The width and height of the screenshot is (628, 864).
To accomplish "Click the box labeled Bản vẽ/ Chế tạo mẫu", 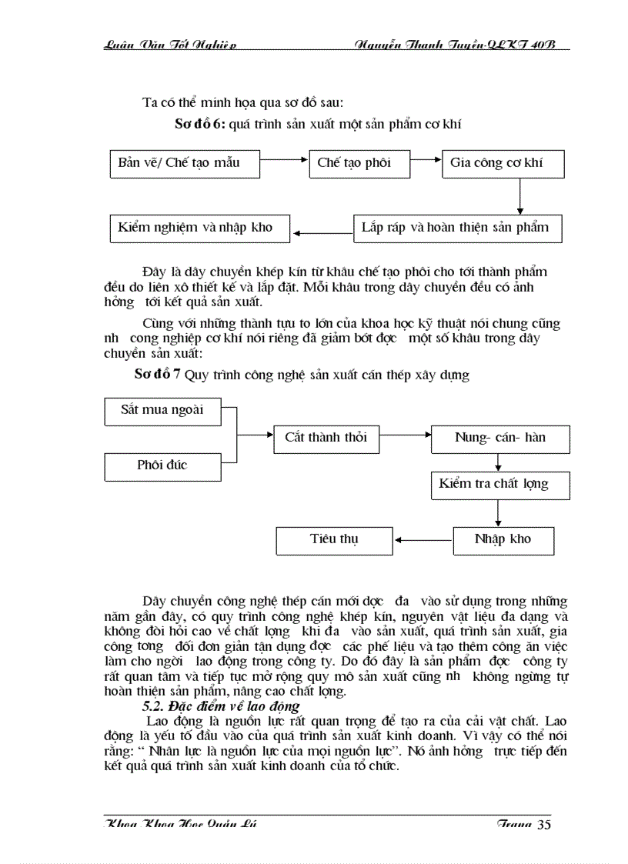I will tap(185, 163).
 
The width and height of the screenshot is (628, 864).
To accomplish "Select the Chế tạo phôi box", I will tap(359, 163).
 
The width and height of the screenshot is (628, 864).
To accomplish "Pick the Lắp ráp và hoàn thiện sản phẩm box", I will tap(457, 228).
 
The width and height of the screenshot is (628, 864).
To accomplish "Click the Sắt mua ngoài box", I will tap(162, 410).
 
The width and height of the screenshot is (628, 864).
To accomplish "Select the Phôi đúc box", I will tap(162, 465).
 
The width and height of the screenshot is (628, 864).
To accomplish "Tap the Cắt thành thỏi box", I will tap(326, 439).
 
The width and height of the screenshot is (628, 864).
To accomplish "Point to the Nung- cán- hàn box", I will tap(500, 439).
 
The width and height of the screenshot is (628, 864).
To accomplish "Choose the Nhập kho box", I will tap(503, 539).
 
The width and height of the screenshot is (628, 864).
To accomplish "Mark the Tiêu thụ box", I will tap(334, 539).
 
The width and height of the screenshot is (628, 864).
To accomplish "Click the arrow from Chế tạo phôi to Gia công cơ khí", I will tap(426, 162).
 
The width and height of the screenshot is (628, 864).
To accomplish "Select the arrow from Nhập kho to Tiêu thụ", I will tap(423, 539).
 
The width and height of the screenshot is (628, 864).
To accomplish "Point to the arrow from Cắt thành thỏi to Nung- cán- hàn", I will tap(405, 434).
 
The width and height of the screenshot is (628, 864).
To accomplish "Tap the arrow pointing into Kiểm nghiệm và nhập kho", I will tap(324, 231).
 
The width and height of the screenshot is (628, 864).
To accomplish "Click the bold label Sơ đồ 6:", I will tap(199, 123).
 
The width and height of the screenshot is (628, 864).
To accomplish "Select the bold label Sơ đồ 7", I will tap(157, 374).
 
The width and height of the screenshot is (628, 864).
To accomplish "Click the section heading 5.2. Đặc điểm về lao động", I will tap(221, 706).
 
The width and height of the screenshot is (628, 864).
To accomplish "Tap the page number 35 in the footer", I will tap(543, 826).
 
